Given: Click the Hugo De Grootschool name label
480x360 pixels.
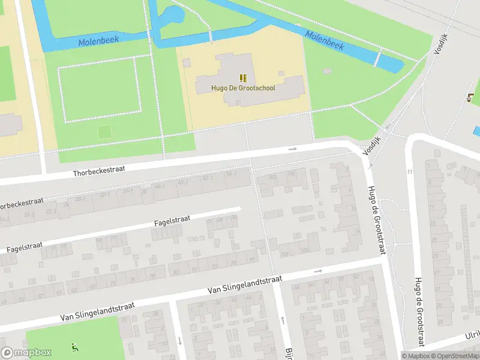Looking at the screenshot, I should pyautogui.click(x=243, y=88).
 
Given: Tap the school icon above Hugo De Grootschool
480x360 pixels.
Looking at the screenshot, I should pyautogui.click(x=243, y=77).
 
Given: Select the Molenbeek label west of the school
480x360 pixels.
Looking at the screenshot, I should pyautogui.click(x=98, y=41).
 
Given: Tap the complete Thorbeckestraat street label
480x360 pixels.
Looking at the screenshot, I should pyautogui.click(x=99, y=170).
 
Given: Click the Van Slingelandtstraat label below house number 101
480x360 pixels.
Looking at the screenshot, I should pyautogui.click(x=245, y=285).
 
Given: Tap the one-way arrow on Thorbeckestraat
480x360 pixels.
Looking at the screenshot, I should pyautogui.click(x=293, y=149).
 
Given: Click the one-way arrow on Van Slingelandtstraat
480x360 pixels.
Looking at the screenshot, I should pyautogui.click(x=319, y=271).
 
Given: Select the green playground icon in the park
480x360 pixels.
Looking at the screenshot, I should pyautogui.click(x=74, y=346).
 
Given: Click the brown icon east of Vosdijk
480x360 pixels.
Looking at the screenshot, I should pyautogui.click(x=469, y=98).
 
